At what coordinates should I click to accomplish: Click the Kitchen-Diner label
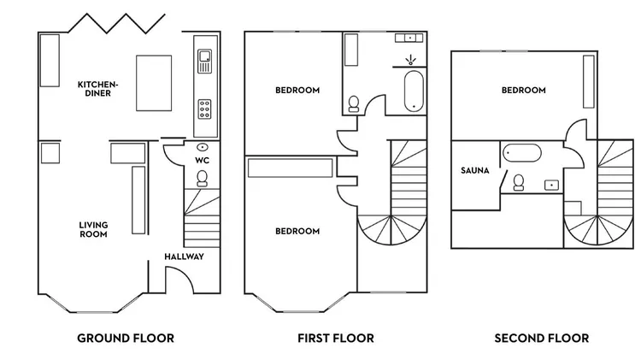click(97, 89)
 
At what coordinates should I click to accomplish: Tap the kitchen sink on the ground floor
click(205, 62)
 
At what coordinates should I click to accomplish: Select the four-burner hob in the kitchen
click(205, 109)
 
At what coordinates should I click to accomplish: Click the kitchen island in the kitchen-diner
click(154, 83)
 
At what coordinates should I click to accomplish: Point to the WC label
click(202, 161)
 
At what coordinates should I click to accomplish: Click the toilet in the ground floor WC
click(202, 179)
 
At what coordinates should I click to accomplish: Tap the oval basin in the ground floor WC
click(203, 147)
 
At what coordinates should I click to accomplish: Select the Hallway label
click(184, 257)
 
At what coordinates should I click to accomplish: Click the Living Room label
click(93, 229)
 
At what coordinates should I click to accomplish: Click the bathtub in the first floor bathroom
click(414, 91)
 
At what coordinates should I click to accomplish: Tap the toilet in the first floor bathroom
click(354, 104)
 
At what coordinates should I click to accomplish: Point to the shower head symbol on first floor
click(410, 60)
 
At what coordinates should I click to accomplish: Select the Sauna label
click(475, 170)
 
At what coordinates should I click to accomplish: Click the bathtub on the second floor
click(522, 152)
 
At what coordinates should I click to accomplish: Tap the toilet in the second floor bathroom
click(519, 182)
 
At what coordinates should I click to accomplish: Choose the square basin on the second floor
click(551, 185)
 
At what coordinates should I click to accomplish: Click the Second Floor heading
click(542, 339)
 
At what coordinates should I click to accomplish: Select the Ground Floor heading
click(126, 339)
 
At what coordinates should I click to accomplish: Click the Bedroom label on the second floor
click(524, 90)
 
